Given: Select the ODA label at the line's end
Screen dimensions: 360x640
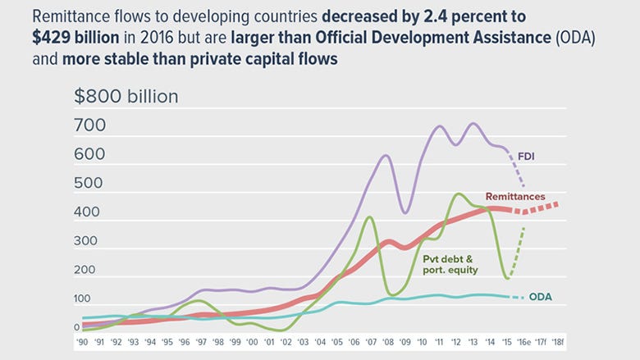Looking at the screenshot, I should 540,297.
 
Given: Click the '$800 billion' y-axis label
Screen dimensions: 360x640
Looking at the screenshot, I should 126,96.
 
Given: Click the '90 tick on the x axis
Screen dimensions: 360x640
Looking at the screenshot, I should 83,342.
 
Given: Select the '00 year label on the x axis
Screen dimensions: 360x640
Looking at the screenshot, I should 253,342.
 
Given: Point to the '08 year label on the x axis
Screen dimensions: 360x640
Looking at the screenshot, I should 387,342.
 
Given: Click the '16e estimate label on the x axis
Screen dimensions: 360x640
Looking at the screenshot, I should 523,342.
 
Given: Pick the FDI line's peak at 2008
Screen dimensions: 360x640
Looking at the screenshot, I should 386,155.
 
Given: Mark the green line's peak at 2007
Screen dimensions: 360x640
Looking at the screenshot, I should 370,217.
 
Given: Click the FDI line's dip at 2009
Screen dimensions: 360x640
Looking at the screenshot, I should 404,213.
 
